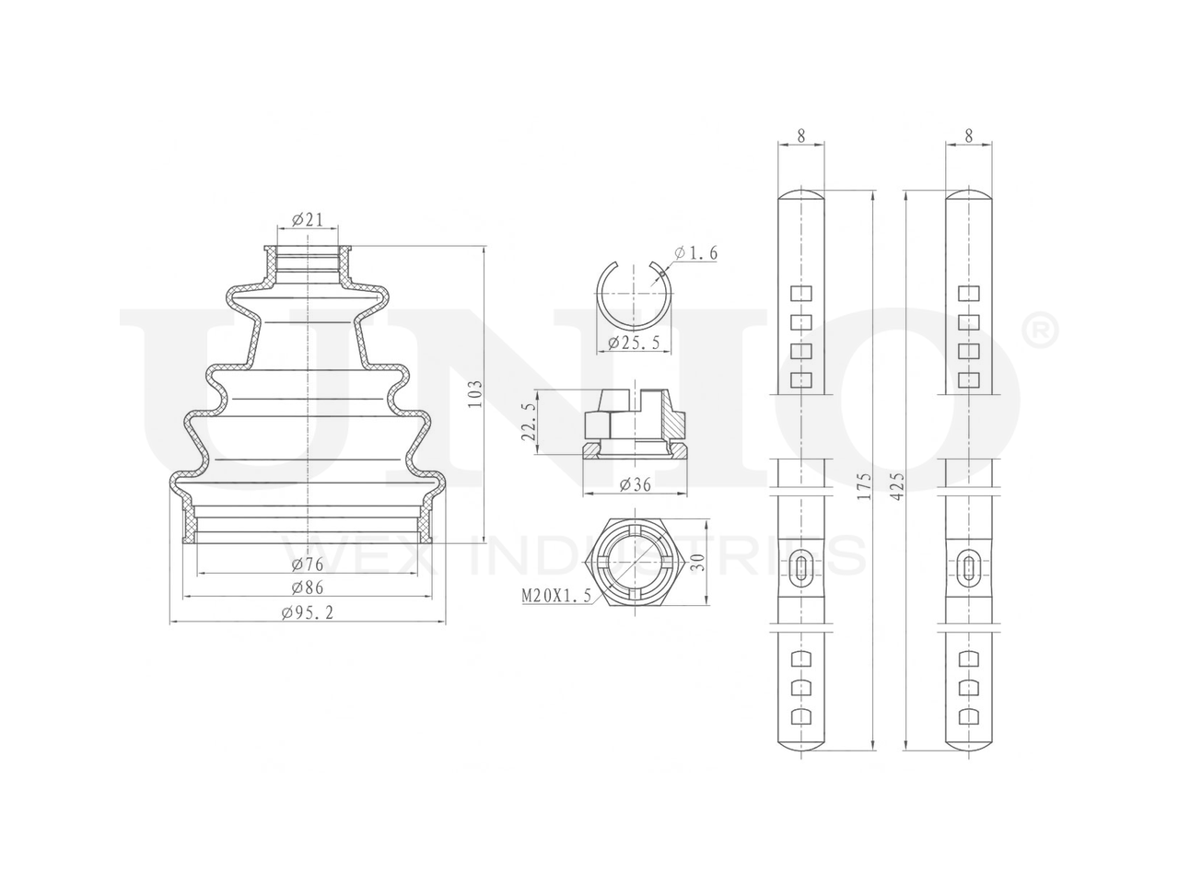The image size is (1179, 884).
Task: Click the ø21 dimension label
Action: click(x=308, y=219)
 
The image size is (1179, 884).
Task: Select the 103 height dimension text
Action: click(x=474, y=394)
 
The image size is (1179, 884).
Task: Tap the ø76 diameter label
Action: click(x=308, y=564)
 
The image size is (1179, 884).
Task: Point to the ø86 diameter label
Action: click(x=308, y=587)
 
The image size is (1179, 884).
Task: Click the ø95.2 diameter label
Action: click(x=308, y=612)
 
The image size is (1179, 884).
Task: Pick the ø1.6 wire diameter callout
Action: click(x=695, y=253)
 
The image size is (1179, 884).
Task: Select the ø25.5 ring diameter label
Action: click(x=634, y=342)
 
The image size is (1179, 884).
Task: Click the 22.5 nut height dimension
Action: click(x=529, y=422)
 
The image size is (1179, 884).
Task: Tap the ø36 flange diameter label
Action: click(x=635, y=484)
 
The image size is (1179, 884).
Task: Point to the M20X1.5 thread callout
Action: click(x=556, y=595)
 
